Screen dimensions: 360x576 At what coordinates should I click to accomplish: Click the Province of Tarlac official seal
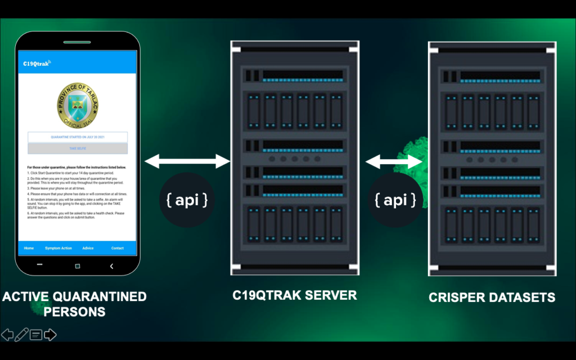(78, 105)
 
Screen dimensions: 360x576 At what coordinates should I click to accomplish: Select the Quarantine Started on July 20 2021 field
(78, 137)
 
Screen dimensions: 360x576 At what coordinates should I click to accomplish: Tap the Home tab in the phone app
(29, 248)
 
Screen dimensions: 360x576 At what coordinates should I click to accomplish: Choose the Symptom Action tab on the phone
(58, 248)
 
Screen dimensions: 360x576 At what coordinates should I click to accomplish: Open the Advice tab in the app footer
(88, 248)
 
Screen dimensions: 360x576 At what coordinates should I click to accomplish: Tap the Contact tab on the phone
(117, 248)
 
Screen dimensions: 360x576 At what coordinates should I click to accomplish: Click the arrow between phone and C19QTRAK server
(187, 162)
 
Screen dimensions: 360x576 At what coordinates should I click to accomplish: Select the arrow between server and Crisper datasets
(394, 162)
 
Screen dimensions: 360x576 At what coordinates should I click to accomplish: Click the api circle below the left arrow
(187, 200)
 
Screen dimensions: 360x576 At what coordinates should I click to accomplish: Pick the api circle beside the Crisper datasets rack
(395, 200)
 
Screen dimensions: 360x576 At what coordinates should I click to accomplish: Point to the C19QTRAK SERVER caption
(295, 295)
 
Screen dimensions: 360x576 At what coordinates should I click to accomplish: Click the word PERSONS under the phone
(75, 311)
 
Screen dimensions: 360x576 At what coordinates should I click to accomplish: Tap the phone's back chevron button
(112, 265)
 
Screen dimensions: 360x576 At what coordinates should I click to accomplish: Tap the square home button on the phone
(78, 265)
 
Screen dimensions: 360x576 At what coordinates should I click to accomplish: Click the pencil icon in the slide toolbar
(21, 335)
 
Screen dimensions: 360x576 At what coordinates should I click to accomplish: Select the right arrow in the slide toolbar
(50, 335)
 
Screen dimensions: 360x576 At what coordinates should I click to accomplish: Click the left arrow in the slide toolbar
(7, 335)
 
